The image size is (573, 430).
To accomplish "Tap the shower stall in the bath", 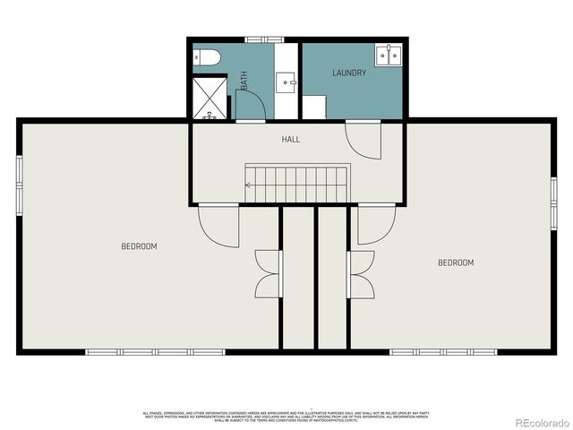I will [x=210, y=98].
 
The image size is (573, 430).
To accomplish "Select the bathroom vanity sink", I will [x=287, y=82].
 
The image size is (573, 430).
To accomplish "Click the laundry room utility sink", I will [x=389, y=54].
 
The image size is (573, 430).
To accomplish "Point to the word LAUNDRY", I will [x=349, y=73].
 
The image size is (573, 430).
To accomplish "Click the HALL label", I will [x=291, y=140].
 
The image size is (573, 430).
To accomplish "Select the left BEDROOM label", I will [x=139, y=246].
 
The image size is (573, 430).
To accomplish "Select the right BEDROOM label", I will [x=455, y=262].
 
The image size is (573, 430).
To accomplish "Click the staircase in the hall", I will [x=296, y=184].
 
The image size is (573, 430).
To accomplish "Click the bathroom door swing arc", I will [x=252, y=103].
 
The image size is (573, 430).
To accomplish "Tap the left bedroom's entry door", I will [x=220, y=225].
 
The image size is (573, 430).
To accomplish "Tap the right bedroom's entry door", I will [x=376, y=225].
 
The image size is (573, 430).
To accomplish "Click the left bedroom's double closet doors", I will [x=269, y=273].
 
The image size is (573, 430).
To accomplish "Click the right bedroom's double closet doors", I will [x=361, y=273].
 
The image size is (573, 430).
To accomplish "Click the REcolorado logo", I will [x=537, y=421].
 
